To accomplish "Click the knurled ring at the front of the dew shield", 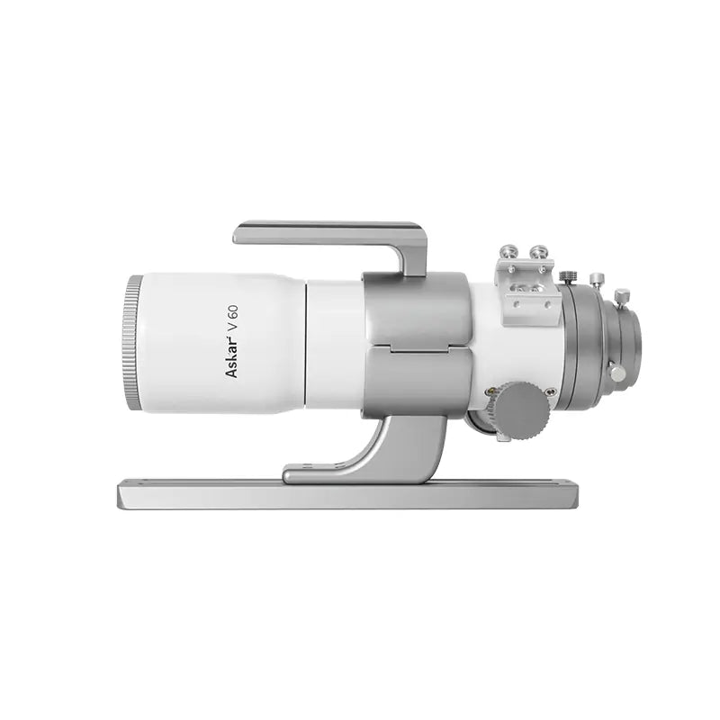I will [132, 343].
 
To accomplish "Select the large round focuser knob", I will [523, 410].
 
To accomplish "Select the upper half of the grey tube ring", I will [416, 310].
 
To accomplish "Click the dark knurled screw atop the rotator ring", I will [568, 276].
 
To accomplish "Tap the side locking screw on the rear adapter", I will [616, 371].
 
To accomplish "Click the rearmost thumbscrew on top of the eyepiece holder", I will [620, 295].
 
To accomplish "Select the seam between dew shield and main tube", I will [306, 343].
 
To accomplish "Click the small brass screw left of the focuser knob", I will [491, 392].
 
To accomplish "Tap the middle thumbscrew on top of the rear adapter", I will [595, 280].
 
